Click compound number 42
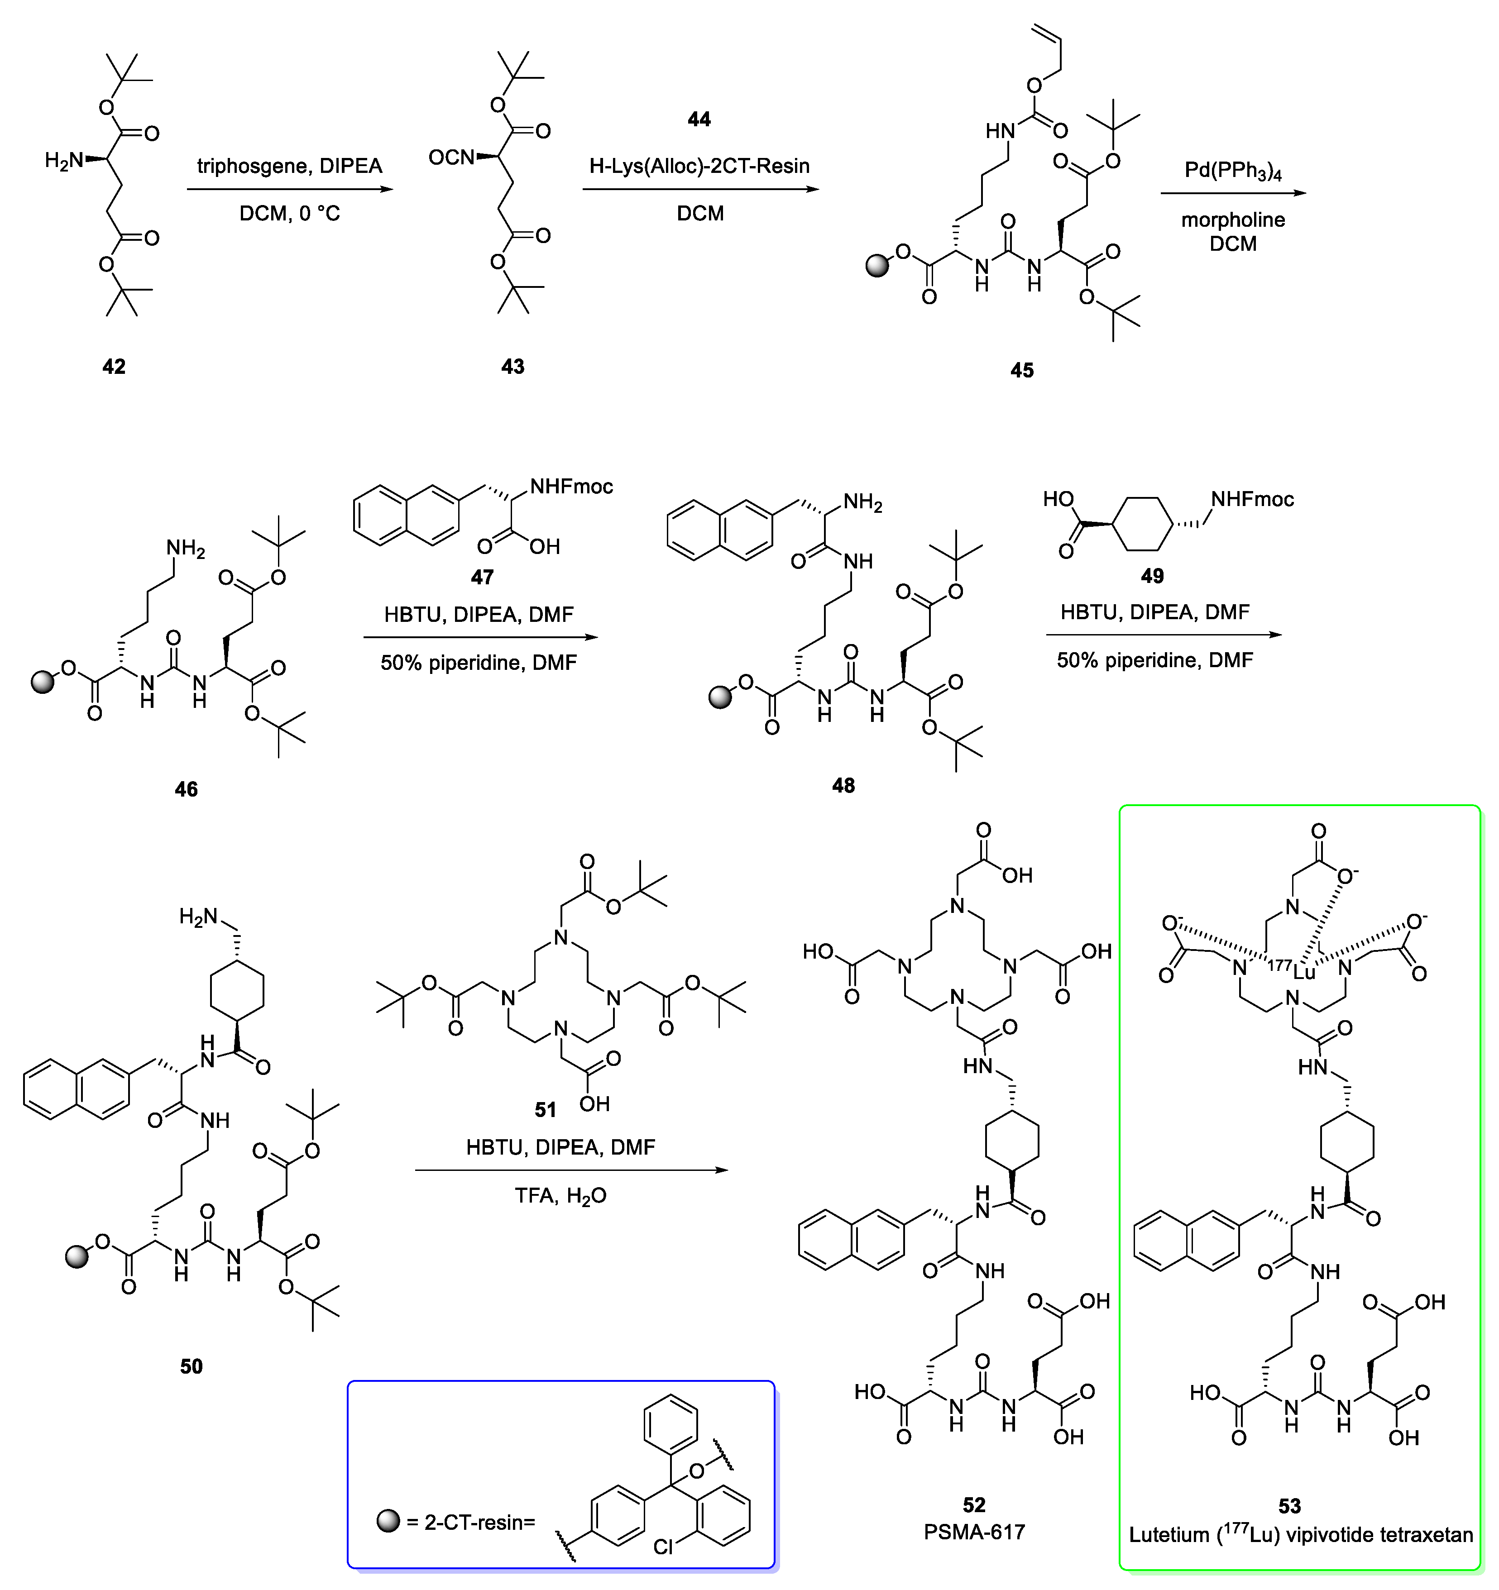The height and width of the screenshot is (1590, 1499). [114, 366]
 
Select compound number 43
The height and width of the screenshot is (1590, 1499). [513, 366]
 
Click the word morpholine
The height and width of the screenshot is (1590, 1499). [1233, 220]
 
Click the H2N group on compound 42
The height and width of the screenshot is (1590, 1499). [64, 161]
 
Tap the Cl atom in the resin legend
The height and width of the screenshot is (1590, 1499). [663, 1547]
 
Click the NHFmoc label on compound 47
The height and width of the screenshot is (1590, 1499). [571, 486]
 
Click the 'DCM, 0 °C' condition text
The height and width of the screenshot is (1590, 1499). [290, 214]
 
